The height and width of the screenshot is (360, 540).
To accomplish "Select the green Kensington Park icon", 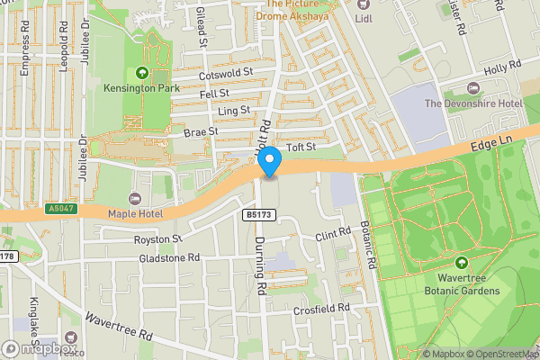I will (x=140, y=73).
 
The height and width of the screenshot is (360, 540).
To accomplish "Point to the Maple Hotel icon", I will (x=136, y=198).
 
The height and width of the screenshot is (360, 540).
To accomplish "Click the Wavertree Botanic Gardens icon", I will (x=462, y=263).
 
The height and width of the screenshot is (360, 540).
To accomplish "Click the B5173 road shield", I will (x=257, y=214).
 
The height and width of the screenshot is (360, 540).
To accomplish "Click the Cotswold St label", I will (x=226, y=73).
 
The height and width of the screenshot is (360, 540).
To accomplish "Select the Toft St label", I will (x=301, y=147).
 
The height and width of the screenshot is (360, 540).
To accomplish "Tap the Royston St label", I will (x=158, y=239).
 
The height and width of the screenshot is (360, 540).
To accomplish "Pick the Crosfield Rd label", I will (x=322, y=310).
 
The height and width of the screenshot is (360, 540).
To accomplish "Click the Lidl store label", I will (x=364, y=17).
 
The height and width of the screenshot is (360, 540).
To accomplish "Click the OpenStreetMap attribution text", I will (x=500, y=353).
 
